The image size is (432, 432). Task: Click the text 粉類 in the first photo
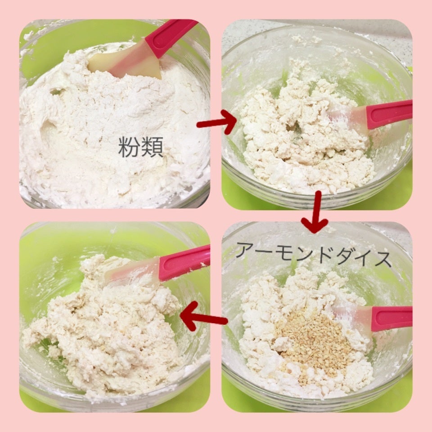point(141,147)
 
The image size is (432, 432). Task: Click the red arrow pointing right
point(217,122)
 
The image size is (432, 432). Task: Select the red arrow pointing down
point(315,212)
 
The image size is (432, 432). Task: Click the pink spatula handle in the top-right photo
point(389,114)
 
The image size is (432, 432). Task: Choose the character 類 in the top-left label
point(153,147)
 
